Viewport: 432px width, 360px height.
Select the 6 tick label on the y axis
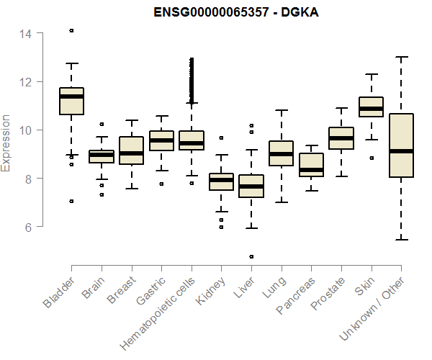pyautogui.click(x=28, y=227)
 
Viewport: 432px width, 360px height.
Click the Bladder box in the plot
pyautogui.click(x=71, y=101)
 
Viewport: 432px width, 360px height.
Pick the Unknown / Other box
pyautogui.click(x=401, y=145)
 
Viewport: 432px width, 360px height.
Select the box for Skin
pyautogui.click(x=371, y=107)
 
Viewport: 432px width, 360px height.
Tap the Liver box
pyautogui.click(x=251, y=186)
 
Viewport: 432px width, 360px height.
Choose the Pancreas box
pyautogui.click(x=311, y=165)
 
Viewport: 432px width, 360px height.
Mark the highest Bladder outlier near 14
pyautogui.click(x=71, y=30)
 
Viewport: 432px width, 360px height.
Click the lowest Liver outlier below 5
pyautogui.click(x=251, y=256)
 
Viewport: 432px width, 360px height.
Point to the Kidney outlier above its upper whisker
pyautogui.click(x=221, y=138)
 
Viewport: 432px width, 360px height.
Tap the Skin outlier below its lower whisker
pyautogui.click(x=372, y=158)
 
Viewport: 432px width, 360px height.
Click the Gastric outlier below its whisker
pyautogui.click(x=161, y=184)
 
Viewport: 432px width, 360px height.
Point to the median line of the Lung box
pyautogui.click(x=281, y=154)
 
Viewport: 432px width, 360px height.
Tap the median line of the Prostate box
pyautogui.click(x=341, y=138)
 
